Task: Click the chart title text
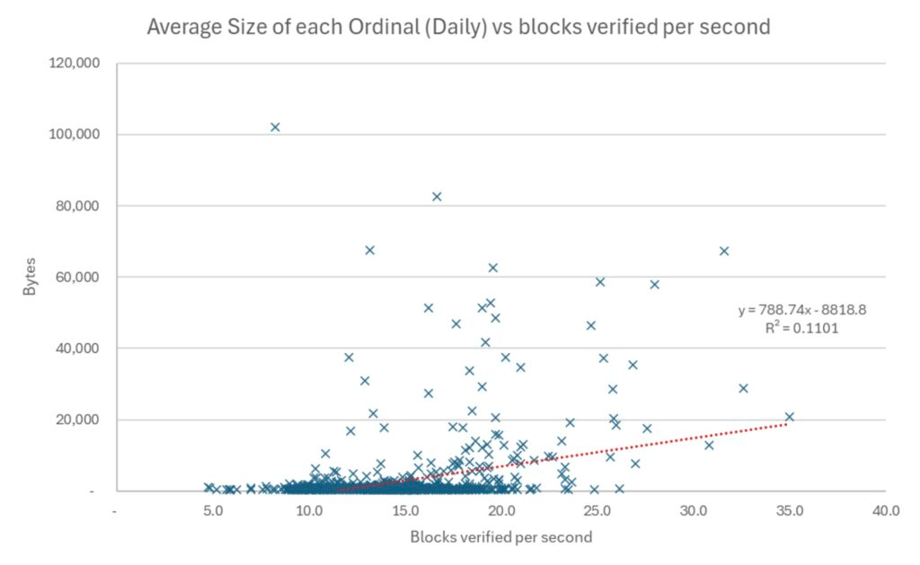tap(458, 27)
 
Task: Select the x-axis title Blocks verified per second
tap(501, 537)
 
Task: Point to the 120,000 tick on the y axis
tap(75, 64)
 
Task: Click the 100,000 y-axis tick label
tap(75, 135)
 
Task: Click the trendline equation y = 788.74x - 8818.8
tap(802, 310)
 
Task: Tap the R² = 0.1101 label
tap(802, 328)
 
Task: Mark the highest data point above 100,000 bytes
tap(275, 127)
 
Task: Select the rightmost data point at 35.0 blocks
tap(790, 417)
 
